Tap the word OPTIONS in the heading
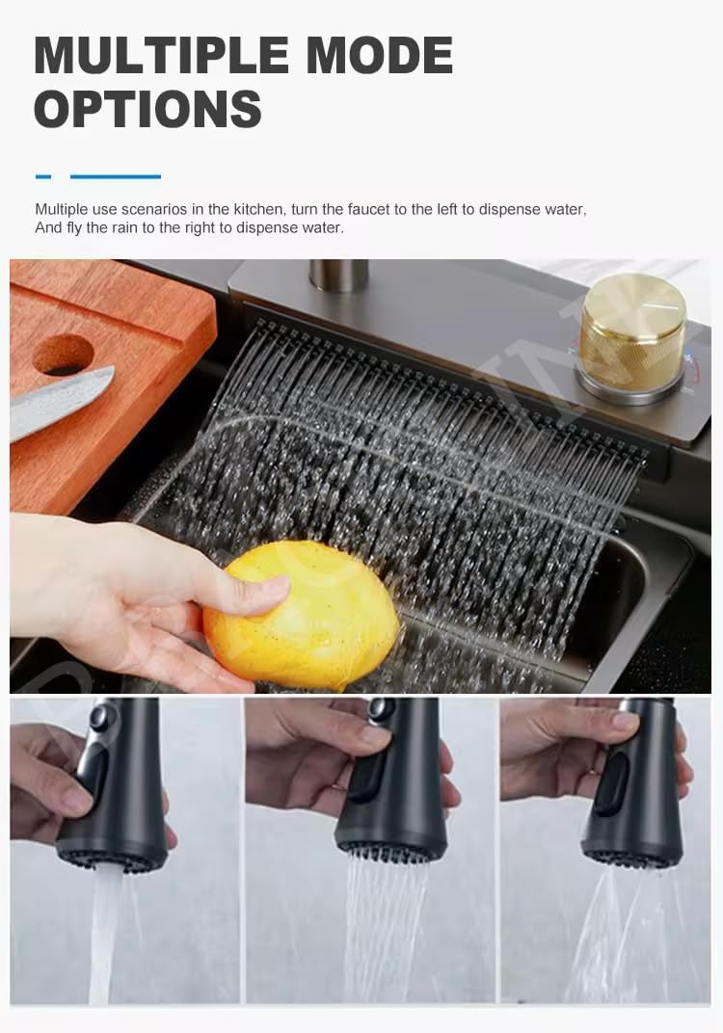tap(147, 109)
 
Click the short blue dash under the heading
tap(43, 176)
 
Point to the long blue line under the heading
tap(116, 176)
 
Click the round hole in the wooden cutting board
tap(63, 355)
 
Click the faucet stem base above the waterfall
tap(338, 276)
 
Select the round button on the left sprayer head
tap(100, 717)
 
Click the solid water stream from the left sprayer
tap(104, 936)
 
